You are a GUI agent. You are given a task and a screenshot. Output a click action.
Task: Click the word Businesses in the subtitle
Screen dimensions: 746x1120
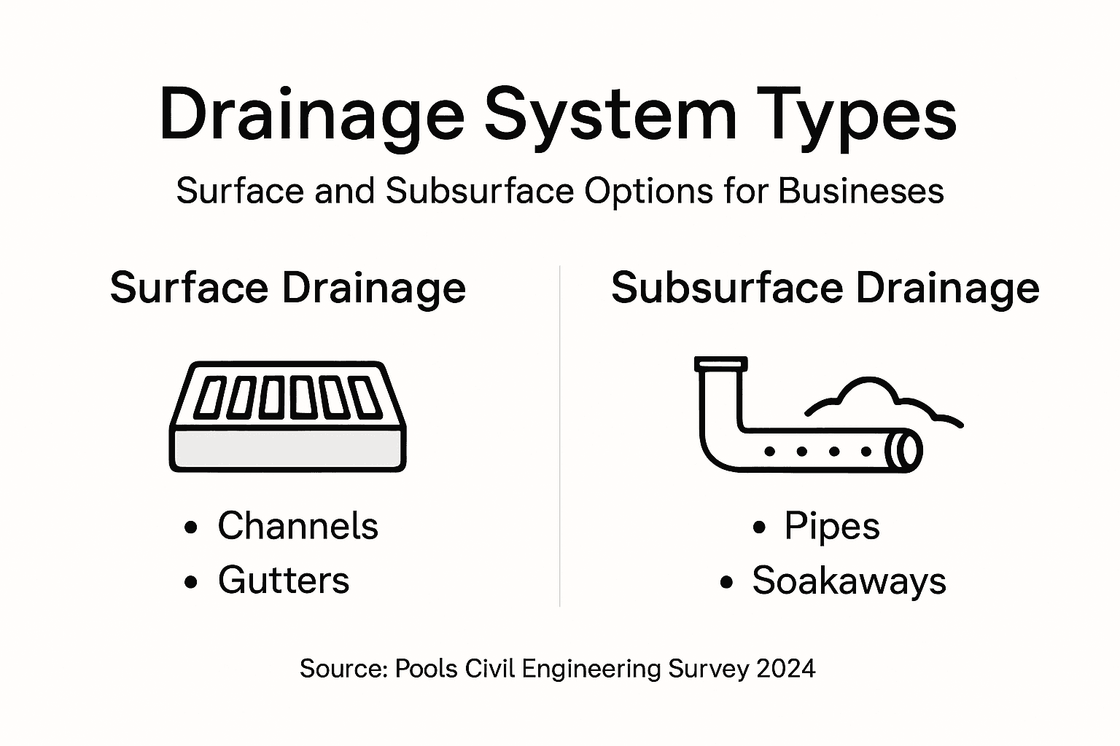point(861,191)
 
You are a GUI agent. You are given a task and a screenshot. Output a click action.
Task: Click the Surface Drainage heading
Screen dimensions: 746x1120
point(288,288)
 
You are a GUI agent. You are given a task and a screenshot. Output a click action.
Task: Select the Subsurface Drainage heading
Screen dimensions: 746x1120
point(825,288)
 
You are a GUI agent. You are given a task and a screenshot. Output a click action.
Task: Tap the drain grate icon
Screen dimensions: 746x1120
point(288,415)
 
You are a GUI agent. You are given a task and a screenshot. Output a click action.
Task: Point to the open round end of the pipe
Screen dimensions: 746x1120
point(907,451)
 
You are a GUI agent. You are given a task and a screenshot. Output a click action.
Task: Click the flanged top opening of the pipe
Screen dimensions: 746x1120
point(720,363)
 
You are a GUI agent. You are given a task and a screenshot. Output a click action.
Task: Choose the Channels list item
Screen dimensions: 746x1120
point(297,525)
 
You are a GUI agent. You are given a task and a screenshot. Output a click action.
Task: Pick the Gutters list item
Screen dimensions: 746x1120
point(284,581)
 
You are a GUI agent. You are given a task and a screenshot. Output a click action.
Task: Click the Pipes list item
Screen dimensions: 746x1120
point(832,525)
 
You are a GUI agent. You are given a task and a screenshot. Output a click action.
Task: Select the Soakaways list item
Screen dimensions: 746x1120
point(849,581)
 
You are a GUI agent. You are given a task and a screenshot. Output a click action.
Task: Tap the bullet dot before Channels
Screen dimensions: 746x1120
point(191,527)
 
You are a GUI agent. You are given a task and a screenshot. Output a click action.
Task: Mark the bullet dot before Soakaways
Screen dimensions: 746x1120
point(726,582)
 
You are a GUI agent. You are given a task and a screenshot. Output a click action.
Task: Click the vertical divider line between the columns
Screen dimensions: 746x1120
point(559,437)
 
